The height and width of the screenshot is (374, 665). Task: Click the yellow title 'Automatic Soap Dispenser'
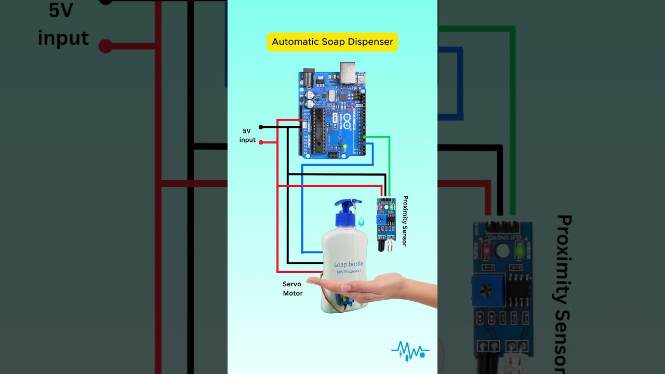332,42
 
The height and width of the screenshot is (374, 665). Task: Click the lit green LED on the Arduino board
344,147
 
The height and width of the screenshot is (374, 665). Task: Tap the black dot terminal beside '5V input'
261,127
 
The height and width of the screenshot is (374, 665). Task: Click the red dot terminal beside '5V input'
261,142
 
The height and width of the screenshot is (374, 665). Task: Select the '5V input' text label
247,136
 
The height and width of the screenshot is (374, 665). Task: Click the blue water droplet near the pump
361,222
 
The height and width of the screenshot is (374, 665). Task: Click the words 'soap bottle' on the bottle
349,264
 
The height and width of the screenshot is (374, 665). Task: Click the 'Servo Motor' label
292,289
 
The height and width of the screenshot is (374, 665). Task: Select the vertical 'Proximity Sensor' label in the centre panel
405,221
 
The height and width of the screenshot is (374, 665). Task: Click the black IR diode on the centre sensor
382,243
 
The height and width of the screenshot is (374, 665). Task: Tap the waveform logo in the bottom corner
410,351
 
